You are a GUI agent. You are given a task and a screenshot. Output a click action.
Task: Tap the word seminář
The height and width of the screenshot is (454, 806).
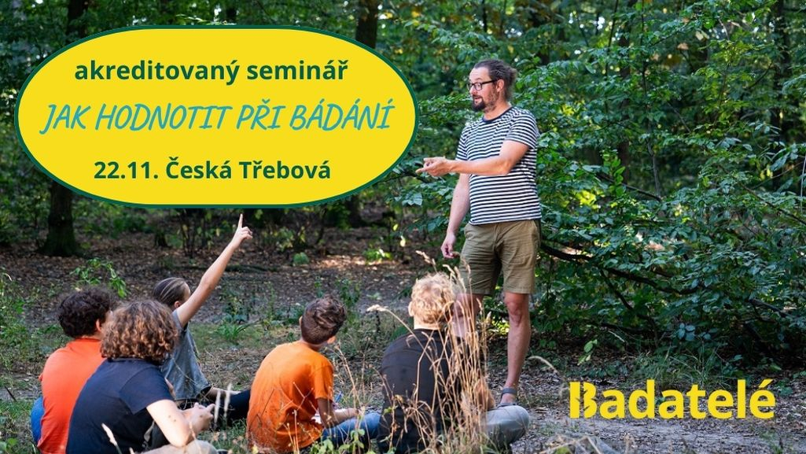[x=297, y=70]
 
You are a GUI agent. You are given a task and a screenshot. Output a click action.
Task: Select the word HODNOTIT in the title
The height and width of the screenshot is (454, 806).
[x=163, y=118]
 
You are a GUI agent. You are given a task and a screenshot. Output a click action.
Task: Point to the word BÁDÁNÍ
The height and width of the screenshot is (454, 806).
[x=341, y=115]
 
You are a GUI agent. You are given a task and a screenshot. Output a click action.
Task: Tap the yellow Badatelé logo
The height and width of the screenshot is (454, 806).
[x=672, y=399]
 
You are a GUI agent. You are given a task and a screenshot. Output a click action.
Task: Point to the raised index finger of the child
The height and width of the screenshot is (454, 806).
[x=240, y=222]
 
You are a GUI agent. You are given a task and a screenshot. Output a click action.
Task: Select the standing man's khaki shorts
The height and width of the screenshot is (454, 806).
[x=499, y=257]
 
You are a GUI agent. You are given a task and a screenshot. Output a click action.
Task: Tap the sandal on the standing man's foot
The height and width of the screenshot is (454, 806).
[x=507, y=397]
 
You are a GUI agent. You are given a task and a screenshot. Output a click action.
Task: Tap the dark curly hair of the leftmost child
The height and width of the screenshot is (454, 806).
[x=86, y=311]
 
